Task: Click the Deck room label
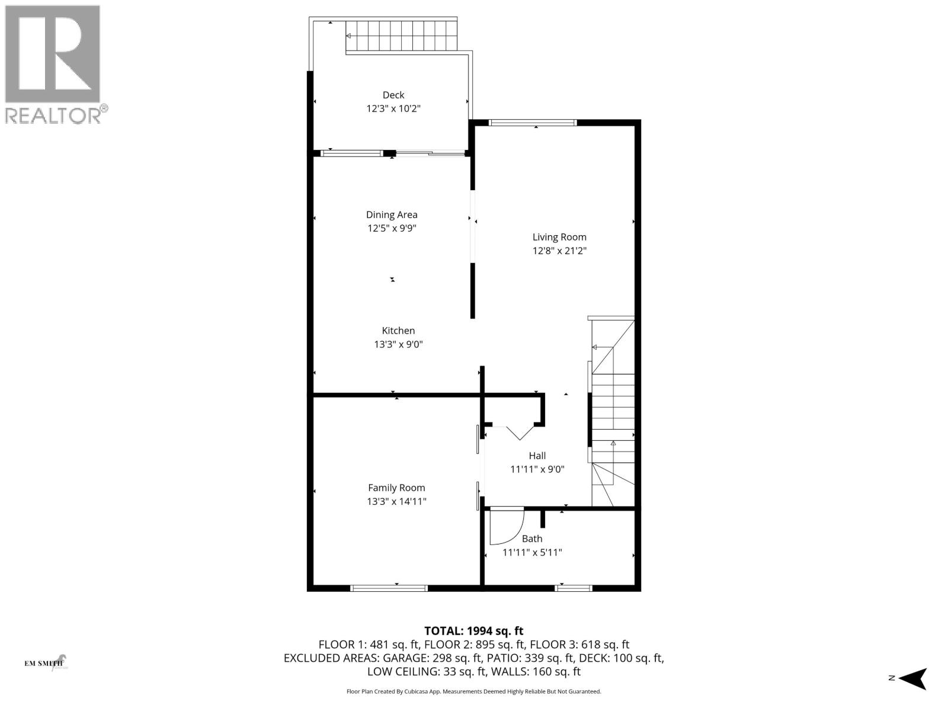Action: coord(393,95)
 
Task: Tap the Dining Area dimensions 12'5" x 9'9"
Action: coord(392,229)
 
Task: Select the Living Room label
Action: coord(559,237)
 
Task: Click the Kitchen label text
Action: coord(398,331)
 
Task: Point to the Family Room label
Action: coord(396,488)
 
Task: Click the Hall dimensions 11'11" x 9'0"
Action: coord(537,470)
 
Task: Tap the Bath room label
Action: coord(532,539)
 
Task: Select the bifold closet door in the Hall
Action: coord(513,432)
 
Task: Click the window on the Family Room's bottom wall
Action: coord(389,588)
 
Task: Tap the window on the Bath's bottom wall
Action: coord(574,588)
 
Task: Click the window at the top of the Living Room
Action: coord(533,123)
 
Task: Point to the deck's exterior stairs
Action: coord(401,36)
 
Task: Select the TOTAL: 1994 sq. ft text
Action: coord(473,631)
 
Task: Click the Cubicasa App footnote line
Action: coord(473,691)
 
